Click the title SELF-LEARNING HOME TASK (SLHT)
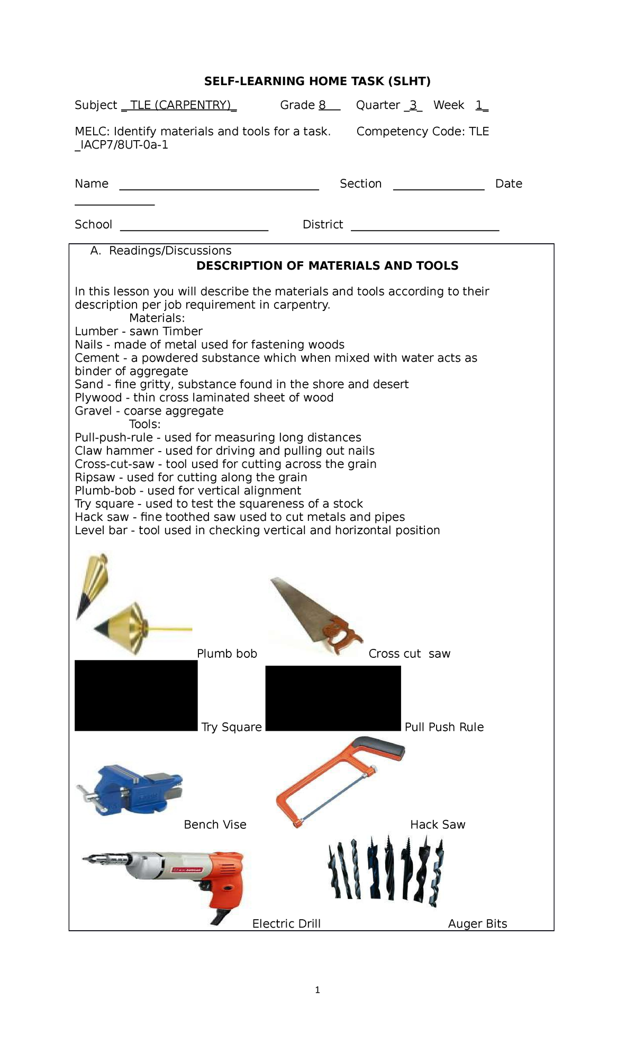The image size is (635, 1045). coord(317,81)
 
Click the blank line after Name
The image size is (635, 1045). coord(219,188)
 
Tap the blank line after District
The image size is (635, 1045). coord(425,229)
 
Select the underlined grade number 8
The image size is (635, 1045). coord(322,105)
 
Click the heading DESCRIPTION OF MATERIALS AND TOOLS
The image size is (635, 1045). coord(327,266)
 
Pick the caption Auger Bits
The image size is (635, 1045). coord(477,924)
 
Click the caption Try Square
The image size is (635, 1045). coord(231,727)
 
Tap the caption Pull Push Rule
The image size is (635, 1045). coord(444,727)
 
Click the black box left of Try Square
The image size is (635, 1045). coord(136,695)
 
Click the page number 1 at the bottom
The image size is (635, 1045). coord(317,990)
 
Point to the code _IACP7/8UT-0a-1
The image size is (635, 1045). coord(121,145)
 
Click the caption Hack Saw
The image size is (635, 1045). coord(438,824)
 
